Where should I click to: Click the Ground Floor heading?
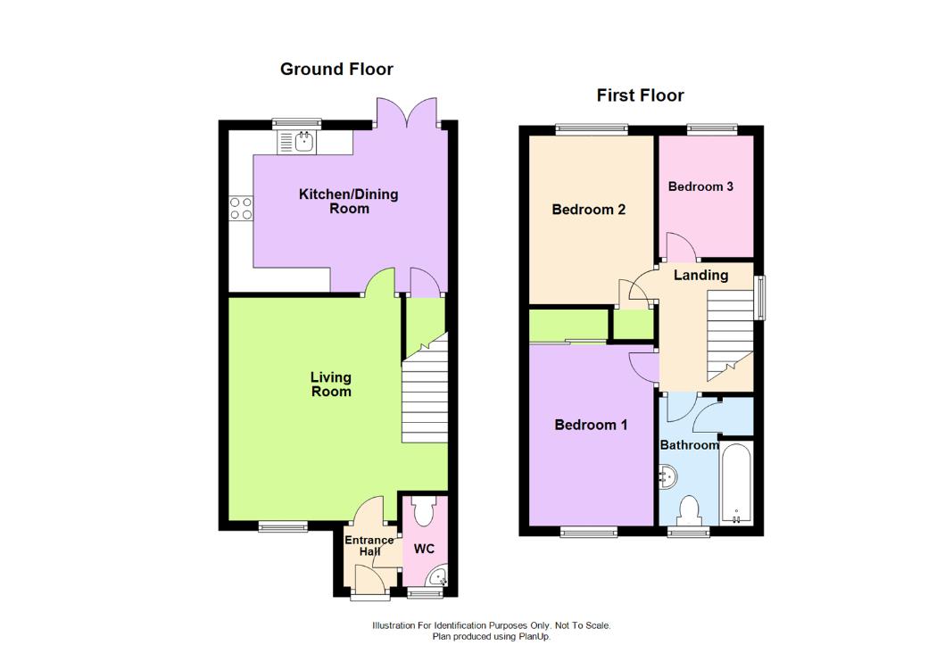point(336,69)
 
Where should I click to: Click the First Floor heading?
point(641,95)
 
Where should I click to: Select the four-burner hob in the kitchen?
point(241,208)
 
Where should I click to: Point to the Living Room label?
point(330,385)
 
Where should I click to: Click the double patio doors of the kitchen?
point(407,114)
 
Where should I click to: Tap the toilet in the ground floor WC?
point(422,512)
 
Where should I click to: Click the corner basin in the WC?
point(436,577)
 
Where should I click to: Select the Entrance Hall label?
point(369,545)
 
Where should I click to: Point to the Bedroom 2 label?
point(588,210)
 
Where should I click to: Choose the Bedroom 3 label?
point(700,186)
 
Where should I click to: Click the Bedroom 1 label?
point(591,425)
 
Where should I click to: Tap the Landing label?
point(700,275)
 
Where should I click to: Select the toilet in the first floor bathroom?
point(688,511)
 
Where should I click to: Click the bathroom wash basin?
point(667,476)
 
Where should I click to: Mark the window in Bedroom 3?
point(712,130)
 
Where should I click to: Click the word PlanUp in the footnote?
point(534,637)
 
